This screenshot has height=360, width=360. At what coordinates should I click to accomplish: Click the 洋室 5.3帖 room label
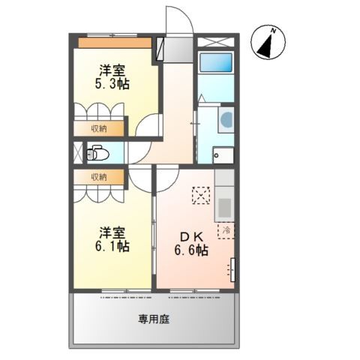[112, 77]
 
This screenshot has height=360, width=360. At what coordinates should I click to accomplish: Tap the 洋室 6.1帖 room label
[112, 239]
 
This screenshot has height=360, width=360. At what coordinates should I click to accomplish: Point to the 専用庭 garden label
[154, 319]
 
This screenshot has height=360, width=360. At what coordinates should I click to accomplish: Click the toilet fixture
[97, 153]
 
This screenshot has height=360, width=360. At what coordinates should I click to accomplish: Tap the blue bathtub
[216, 63]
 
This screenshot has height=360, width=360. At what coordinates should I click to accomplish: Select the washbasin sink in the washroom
[226, 119]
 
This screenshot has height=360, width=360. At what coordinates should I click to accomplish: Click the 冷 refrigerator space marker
[226, 230]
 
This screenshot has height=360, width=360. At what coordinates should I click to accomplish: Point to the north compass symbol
[268, 43]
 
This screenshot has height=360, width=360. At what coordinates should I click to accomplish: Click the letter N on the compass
[274, 31]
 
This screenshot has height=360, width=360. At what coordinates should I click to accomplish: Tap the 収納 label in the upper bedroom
[99, 129]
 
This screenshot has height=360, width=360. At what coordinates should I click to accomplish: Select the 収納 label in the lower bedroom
[99, 177]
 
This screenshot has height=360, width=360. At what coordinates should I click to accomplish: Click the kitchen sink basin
[224, 208]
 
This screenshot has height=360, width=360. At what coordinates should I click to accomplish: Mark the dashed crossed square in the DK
[201, 195]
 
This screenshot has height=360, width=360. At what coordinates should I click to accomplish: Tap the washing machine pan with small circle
[223, 155]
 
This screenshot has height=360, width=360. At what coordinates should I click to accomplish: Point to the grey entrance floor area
[178, 49]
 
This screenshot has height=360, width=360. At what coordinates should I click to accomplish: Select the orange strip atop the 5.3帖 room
[115, 43]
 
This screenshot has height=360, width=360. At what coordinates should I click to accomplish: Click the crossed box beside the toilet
[78, 152]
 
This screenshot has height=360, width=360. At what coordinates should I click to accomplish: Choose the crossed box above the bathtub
[216, 42]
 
